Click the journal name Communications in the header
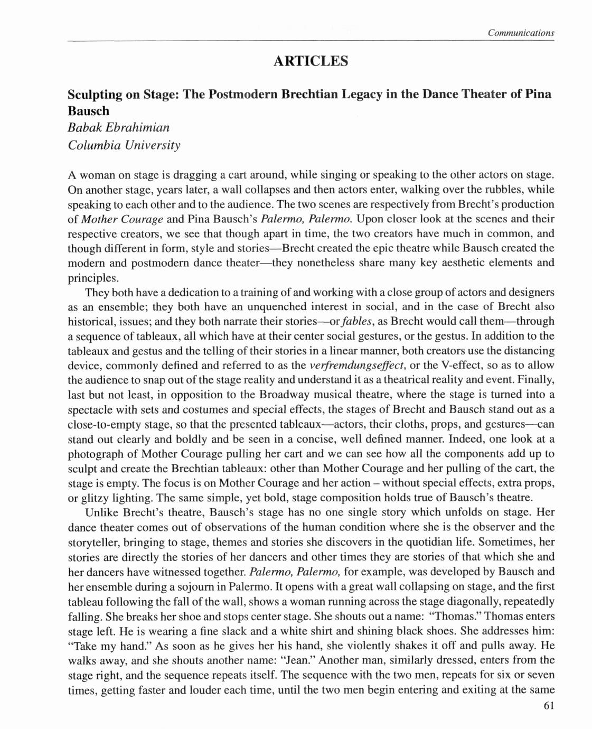tap(521, 33)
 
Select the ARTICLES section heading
tap(311, 61)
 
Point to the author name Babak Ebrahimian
tap(119, 127)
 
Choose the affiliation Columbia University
tap(124, 144)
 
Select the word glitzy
tap(97, 498)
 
